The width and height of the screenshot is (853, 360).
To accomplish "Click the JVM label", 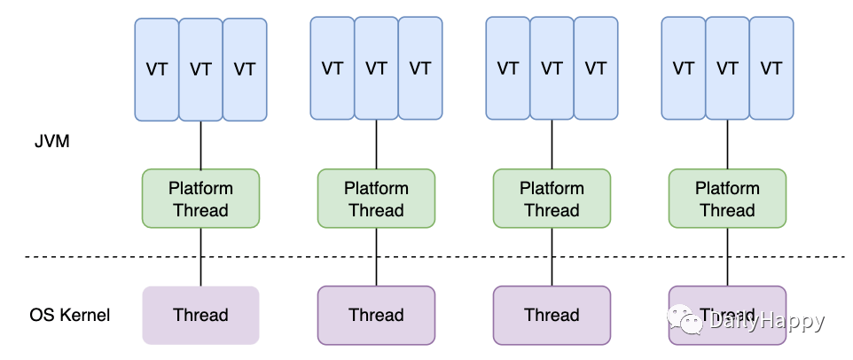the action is (52, 143).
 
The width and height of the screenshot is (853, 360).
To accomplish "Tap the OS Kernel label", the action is (70, 315).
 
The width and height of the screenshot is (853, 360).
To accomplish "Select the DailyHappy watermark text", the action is (766, 321).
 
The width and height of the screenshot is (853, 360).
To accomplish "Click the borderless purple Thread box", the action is (200, 316).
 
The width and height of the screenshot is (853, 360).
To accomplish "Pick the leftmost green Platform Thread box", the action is (200, 199).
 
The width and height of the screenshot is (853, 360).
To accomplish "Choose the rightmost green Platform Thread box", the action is (727, 199).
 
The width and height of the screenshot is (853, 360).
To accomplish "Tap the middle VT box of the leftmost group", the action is (200, 70).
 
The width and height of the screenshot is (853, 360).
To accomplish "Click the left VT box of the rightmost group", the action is (684, 68).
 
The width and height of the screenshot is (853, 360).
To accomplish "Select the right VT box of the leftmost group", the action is (245, 70).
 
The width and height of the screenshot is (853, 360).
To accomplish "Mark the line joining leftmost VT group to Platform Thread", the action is (200, 145).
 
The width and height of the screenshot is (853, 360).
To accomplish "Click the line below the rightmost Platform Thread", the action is (727, 256).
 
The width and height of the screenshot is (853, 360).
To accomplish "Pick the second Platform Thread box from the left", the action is (377, 199).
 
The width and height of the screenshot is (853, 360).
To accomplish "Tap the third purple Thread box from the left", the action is (552, 316).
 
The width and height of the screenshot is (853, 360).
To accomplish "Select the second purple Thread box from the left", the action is (377, 316).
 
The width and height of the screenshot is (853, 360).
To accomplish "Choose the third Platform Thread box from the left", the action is (552, 199).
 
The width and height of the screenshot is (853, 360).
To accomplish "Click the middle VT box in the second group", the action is (377, 68).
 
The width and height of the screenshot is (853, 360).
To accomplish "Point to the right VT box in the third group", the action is (596, 68).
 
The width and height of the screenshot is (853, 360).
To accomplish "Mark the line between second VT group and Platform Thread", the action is (377, 145).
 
